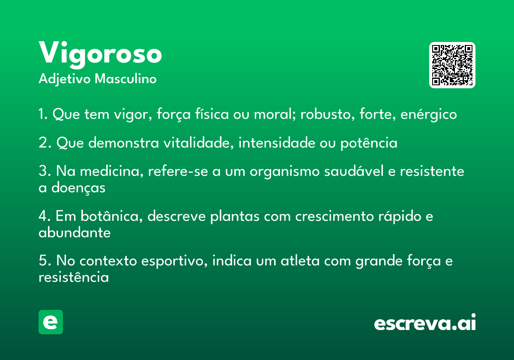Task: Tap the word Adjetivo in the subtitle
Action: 65,79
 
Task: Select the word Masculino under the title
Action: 126,78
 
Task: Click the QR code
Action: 452,65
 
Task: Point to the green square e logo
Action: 51,322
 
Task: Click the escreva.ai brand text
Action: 425,322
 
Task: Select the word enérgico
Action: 429,114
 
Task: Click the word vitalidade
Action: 199,143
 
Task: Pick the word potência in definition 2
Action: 369,143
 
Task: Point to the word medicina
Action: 111,171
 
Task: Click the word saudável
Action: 354,171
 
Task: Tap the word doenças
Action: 78,188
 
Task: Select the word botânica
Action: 112,216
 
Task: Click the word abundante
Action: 75,232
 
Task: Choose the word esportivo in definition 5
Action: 174,261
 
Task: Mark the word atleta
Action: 300,261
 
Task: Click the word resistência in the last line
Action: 74,277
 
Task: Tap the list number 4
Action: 43,216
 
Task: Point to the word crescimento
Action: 335,216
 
